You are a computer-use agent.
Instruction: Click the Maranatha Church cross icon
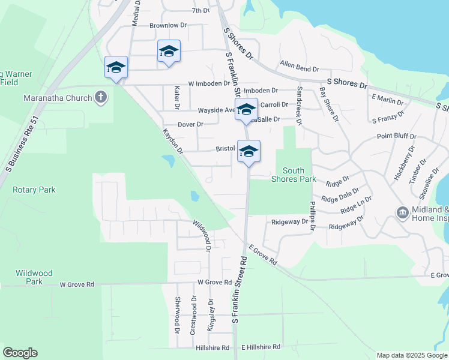101,97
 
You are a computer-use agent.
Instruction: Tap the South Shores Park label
294,175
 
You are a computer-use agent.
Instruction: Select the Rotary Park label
34,190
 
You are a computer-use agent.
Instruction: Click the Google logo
20,353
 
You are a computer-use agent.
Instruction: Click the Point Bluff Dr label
396,136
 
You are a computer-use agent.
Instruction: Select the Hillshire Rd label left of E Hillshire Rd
212,347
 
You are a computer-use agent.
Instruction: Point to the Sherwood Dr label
177,315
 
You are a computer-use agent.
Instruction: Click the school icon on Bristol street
249,151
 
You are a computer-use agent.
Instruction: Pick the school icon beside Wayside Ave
246,110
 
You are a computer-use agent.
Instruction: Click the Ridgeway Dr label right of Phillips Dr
347,223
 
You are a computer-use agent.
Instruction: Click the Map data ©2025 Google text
411,355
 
